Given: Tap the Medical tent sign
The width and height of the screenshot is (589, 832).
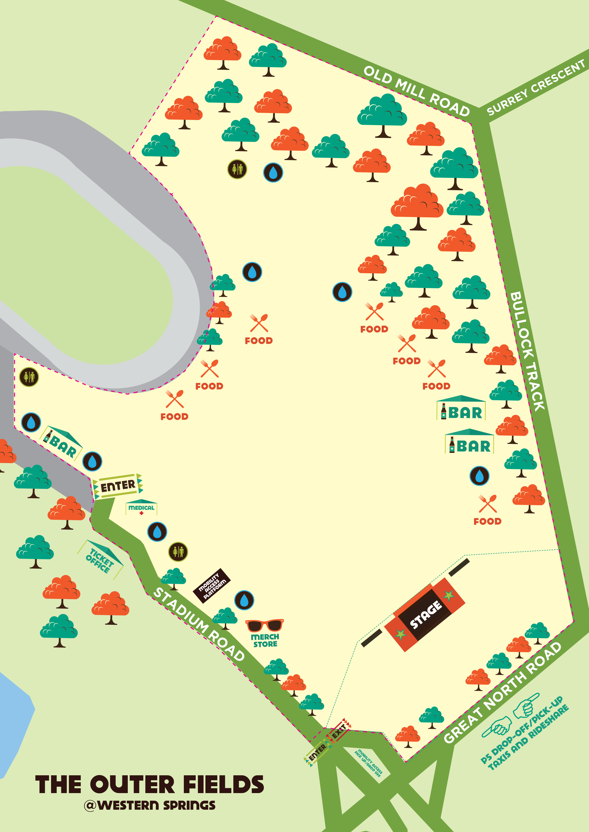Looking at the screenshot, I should (x=141, y=508).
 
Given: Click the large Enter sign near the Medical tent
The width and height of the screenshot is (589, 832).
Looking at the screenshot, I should (x=118, y=486).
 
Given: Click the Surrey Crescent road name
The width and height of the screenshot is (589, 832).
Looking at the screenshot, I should (x=536, y=88).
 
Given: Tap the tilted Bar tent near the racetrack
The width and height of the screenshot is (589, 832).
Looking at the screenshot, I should (x=62, y=444).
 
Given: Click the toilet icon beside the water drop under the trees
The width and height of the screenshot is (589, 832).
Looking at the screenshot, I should (x=237, y=169).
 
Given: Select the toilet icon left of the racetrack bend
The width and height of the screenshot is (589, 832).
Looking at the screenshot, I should (x=29, y=377).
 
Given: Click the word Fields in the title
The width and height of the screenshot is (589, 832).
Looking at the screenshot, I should (x=223, y=785).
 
